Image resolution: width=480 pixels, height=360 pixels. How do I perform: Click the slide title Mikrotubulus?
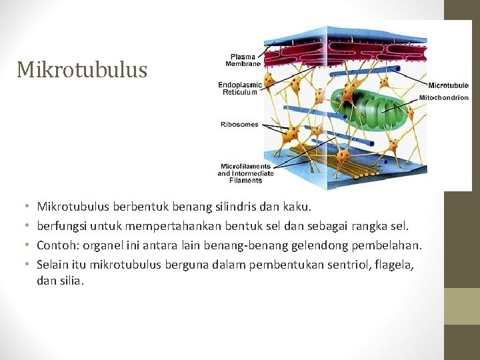pos(82,69)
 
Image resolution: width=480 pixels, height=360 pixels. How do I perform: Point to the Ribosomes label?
pos(239,124)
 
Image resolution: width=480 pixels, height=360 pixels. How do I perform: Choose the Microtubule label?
pos(448,85)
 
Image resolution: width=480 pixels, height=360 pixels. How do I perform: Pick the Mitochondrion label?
pos(443,97)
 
